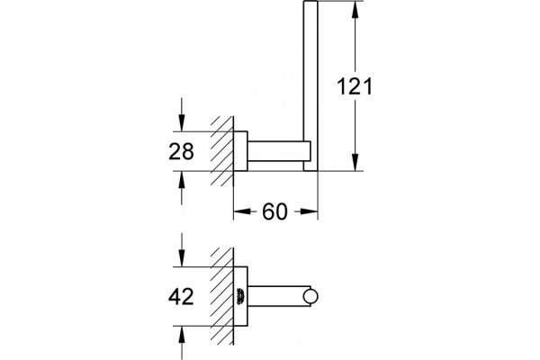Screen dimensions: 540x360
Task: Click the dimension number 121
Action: tap(355, 86)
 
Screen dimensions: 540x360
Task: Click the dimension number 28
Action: tap(181, 151)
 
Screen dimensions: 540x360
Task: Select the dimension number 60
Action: tap(274, 211)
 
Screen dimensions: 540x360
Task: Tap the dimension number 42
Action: tap(181, 296)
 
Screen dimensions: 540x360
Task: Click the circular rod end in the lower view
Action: tap(310, 297)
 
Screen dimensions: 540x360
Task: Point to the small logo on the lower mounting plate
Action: tap(240, 296)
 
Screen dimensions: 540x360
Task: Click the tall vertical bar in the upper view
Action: tap(310, 85)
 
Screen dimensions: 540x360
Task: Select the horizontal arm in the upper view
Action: tap(279, 151)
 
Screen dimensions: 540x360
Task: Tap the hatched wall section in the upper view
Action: tap(222, 151)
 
